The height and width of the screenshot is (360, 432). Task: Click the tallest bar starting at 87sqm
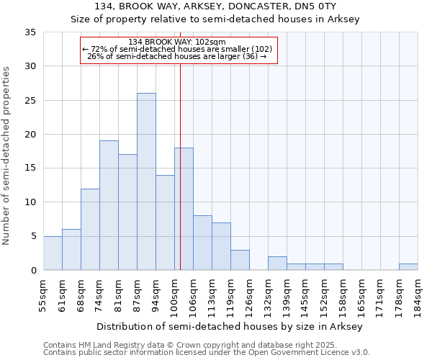(146, 181)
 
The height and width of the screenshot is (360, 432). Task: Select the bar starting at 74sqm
(109, 205)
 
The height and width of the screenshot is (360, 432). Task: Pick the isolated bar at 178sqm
(408, 266)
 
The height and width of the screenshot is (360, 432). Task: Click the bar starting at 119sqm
(240, 260)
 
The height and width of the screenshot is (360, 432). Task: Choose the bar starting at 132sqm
(277, 263)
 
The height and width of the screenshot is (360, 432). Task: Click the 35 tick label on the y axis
(30, 32)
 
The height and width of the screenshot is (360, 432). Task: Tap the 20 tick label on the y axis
(30, 135)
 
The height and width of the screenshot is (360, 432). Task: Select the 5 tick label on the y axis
(33, 236)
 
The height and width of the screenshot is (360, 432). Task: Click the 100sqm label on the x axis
(175, 295)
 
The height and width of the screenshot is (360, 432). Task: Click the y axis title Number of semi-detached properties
(6, 156)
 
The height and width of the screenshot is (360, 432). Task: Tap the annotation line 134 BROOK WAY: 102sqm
(178, 42)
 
